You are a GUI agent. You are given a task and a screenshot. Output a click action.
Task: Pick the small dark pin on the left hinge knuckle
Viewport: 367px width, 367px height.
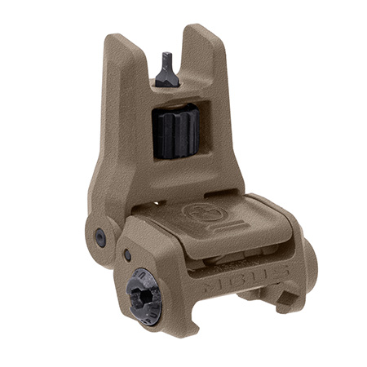click(x=100, y=237)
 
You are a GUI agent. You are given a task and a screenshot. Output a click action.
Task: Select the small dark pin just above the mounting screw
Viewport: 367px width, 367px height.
click(x=127, y=255)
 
